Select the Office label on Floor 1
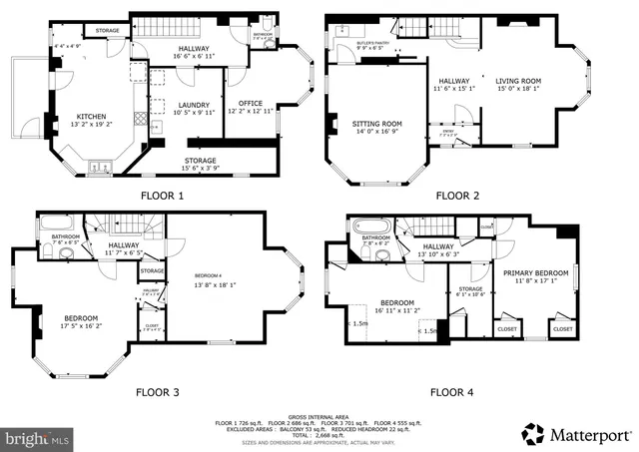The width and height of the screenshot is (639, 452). click(250, 104)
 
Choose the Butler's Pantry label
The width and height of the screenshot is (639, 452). click(373, 45)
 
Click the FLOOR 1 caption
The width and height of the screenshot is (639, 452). click(163, 196)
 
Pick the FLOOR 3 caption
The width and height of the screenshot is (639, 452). click(157, 392)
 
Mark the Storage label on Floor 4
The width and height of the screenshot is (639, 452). click(470, 289)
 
